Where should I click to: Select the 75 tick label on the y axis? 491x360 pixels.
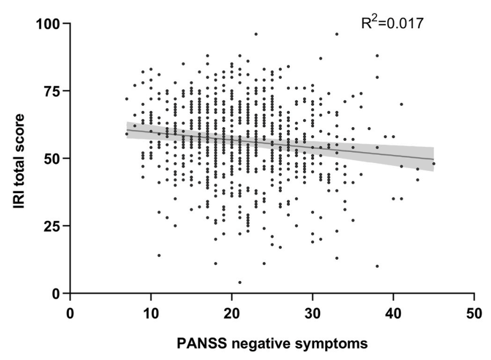(x=54, y=91)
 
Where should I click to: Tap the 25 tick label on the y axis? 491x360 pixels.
(x=54, y=226)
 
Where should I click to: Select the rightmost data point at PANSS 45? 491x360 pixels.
(x=434, y=163)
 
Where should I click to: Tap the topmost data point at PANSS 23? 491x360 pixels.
(x=256, y=34)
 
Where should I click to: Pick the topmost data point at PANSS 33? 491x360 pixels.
(x=337, y=34)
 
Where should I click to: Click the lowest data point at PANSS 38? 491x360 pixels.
(x=377, y=266)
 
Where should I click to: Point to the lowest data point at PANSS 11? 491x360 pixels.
(x=159, y=255)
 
